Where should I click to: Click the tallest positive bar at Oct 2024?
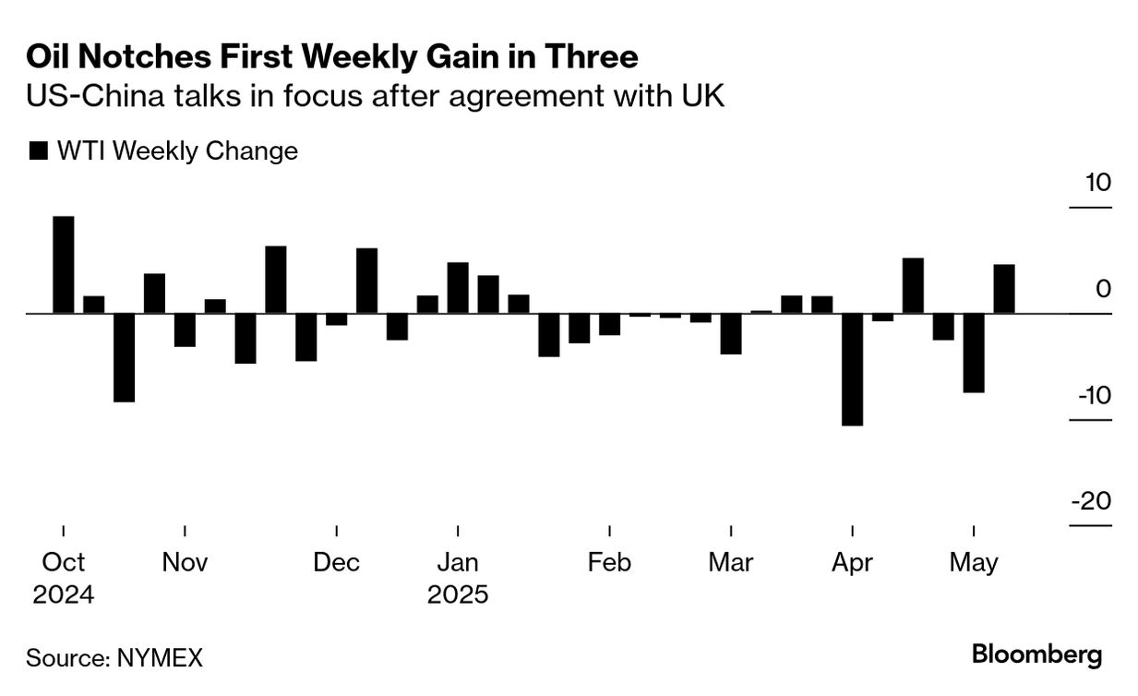click(x=64, y=265)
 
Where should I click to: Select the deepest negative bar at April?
click(x=852, y=369)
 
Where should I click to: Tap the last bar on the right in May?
click(x=1004, y=289)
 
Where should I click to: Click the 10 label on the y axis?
click(x=1097, y=183)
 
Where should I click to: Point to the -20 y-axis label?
click(x=1091, y=502)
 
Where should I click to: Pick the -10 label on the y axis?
click(x=1091, y=396)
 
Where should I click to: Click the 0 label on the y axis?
click(x=1104, y=289)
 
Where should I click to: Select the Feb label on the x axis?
click(x=609, y=562)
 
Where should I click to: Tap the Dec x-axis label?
click(x=337, y=562)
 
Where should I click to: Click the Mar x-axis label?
click(x=731, y=562)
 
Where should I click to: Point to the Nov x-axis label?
click(x=185, y=562)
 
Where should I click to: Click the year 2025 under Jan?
click(x=458, y=594)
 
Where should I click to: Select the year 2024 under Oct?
click(x=64, y=594)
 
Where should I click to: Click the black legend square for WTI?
click(x=38, y=151)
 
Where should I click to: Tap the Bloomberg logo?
click(x=1036, y=655)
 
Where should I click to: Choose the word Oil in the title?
click(x=48, y=58)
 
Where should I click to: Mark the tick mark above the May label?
click(x=974, y=530)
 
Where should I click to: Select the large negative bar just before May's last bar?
click(x=974, y=353)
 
